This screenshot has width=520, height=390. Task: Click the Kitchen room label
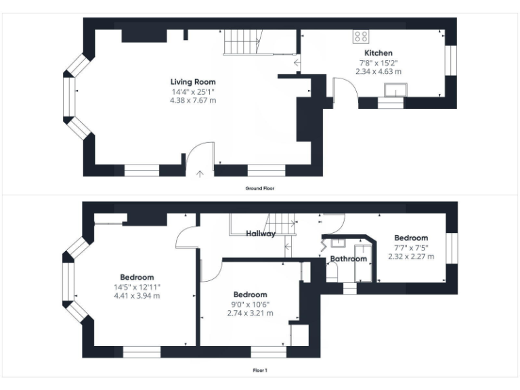click(x=378, y=53)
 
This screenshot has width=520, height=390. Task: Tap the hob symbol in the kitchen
click(x=361, y=37)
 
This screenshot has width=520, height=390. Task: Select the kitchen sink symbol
click(x=393, y=89)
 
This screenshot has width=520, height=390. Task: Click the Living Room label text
click(x=193, y=83)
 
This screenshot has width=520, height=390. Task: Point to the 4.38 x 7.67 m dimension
click(x=193, y=100)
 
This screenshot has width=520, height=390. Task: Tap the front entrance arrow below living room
click(x=200, y=173)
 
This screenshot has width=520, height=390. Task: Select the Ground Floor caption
click(x=260, y=188)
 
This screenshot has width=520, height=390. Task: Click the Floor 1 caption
click(x=260, y=370)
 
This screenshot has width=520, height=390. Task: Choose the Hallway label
click(x=261, y=234)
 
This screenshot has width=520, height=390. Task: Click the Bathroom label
click(x=349, y=259)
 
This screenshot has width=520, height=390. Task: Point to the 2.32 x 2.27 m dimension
click(x=411, y=257)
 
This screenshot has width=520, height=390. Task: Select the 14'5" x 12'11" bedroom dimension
click(x=137, y=286)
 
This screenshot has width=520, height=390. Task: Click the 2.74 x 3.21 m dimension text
click(x=250, y=313)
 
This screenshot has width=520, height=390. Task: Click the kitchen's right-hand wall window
click(x=449, y=61)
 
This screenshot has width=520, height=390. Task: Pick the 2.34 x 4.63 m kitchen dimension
click(x=378, y=70)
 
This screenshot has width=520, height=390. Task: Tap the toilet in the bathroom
click(x=332, y=272)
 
